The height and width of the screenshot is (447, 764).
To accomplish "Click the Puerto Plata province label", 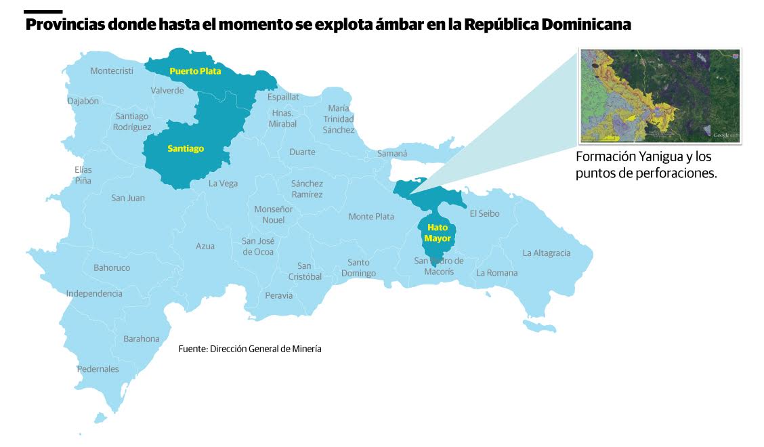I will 195,70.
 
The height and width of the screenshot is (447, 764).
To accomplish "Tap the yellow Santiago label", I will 186,148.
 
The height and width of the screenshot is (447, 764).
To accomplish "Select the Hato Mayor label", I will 438,233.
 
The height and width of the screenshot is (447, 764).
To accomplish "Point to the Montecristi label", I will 112,70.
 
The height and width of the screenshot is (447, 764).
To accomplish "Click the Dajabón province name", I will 83,101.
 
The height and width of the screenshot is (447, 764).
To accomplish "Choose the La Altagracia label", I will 546,253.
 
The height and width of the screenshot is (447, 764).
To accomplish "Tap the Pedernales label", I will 98,369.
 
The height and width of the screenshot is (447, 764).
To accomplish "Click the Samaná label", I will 392,154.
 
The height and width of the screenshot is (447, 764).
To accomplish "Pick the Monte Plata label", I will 371,217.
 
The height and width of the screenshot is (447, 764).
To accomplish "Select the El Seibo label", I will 484,213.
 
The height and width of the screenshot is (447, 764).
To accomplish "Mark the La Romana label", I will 496,273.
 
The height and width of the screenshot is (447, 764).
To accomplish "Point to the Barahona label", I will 142,339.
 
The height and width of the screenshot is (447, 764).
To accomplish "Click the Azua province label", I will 205,246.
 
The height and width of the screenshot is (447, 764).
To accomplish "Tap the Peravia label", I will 279,295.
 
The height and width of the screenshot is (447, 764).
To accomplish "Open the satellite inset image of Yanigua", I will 660,95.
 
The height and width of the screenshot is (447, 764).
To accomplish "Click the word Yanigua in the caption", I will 660,157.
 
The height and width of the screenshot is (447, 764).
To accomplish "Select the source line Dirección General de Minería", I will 250,349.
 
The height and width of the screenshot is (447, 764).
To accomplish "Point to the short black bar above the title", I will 43,12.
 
